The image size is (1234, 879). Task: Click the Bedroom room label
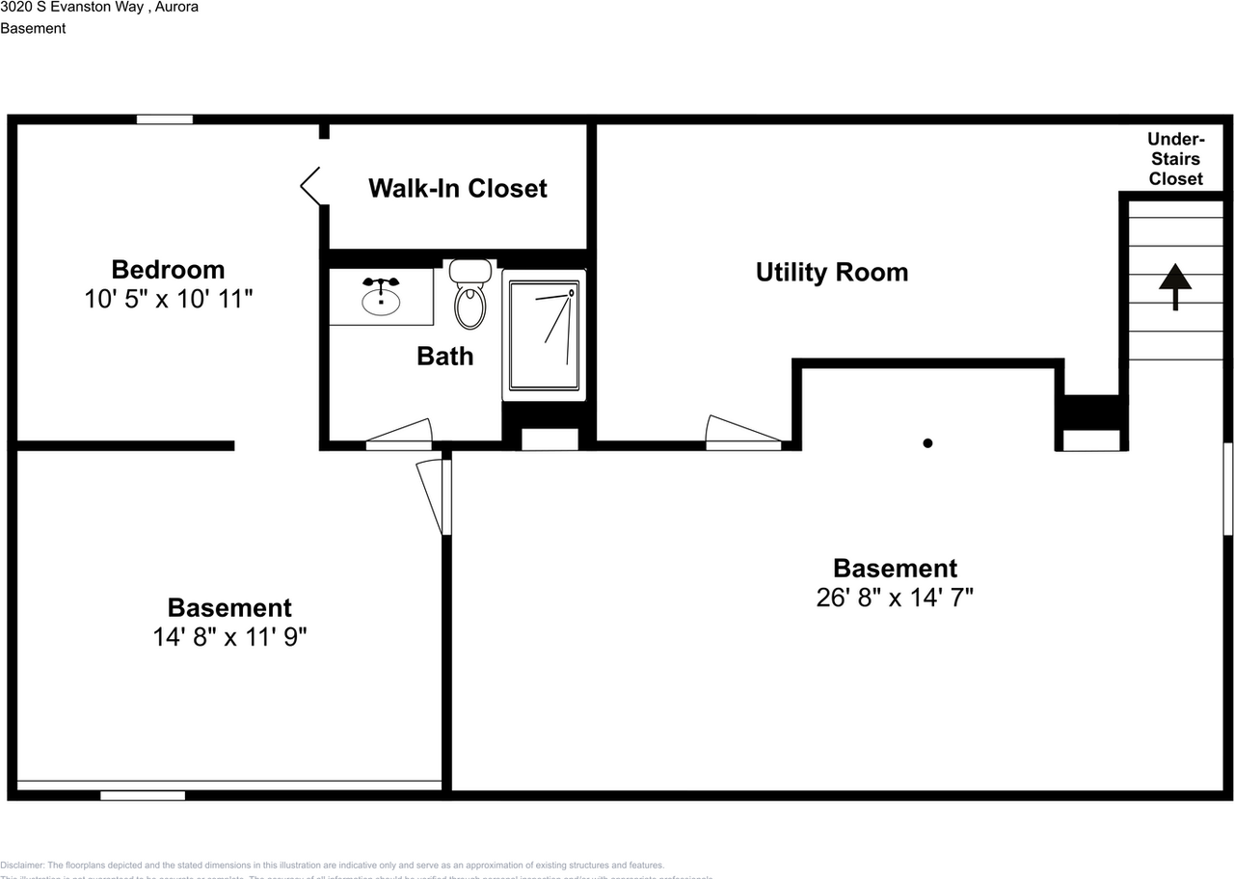point(168,269)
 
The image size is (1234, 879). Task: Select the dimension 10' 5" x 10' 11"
point(168,299)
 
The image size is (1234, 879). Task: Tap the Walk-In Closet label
point(457,188)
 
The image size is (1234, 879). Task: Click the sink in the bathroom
point(382,298)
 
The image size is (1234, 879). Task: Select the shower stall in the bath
point(544,334)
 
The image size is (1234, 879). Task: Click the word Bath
point(444,357)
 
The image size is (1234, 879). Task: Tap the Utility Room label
point(831,273)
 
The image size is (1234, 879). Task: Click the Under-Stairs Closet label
point(1175,159)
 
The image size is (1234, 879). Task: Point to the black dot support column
point(927,443)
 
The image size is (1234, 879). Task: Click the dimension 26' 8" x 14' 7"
point(895,598)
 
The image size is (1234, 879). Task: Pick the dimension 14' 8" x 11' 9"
point(229,637)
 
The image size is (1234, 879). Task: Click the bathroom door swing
point(399,436)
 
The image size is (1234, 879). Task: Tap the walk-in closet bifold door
point(311,185)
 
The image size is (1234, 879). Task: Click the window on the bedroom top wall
point(164,120)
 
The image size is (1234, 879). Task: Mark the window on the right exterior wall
point(1228,489)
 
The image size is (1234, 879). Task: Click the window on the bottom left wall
point(143,795)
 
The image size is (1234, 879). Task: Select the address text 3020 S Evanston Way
point(72,7)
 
